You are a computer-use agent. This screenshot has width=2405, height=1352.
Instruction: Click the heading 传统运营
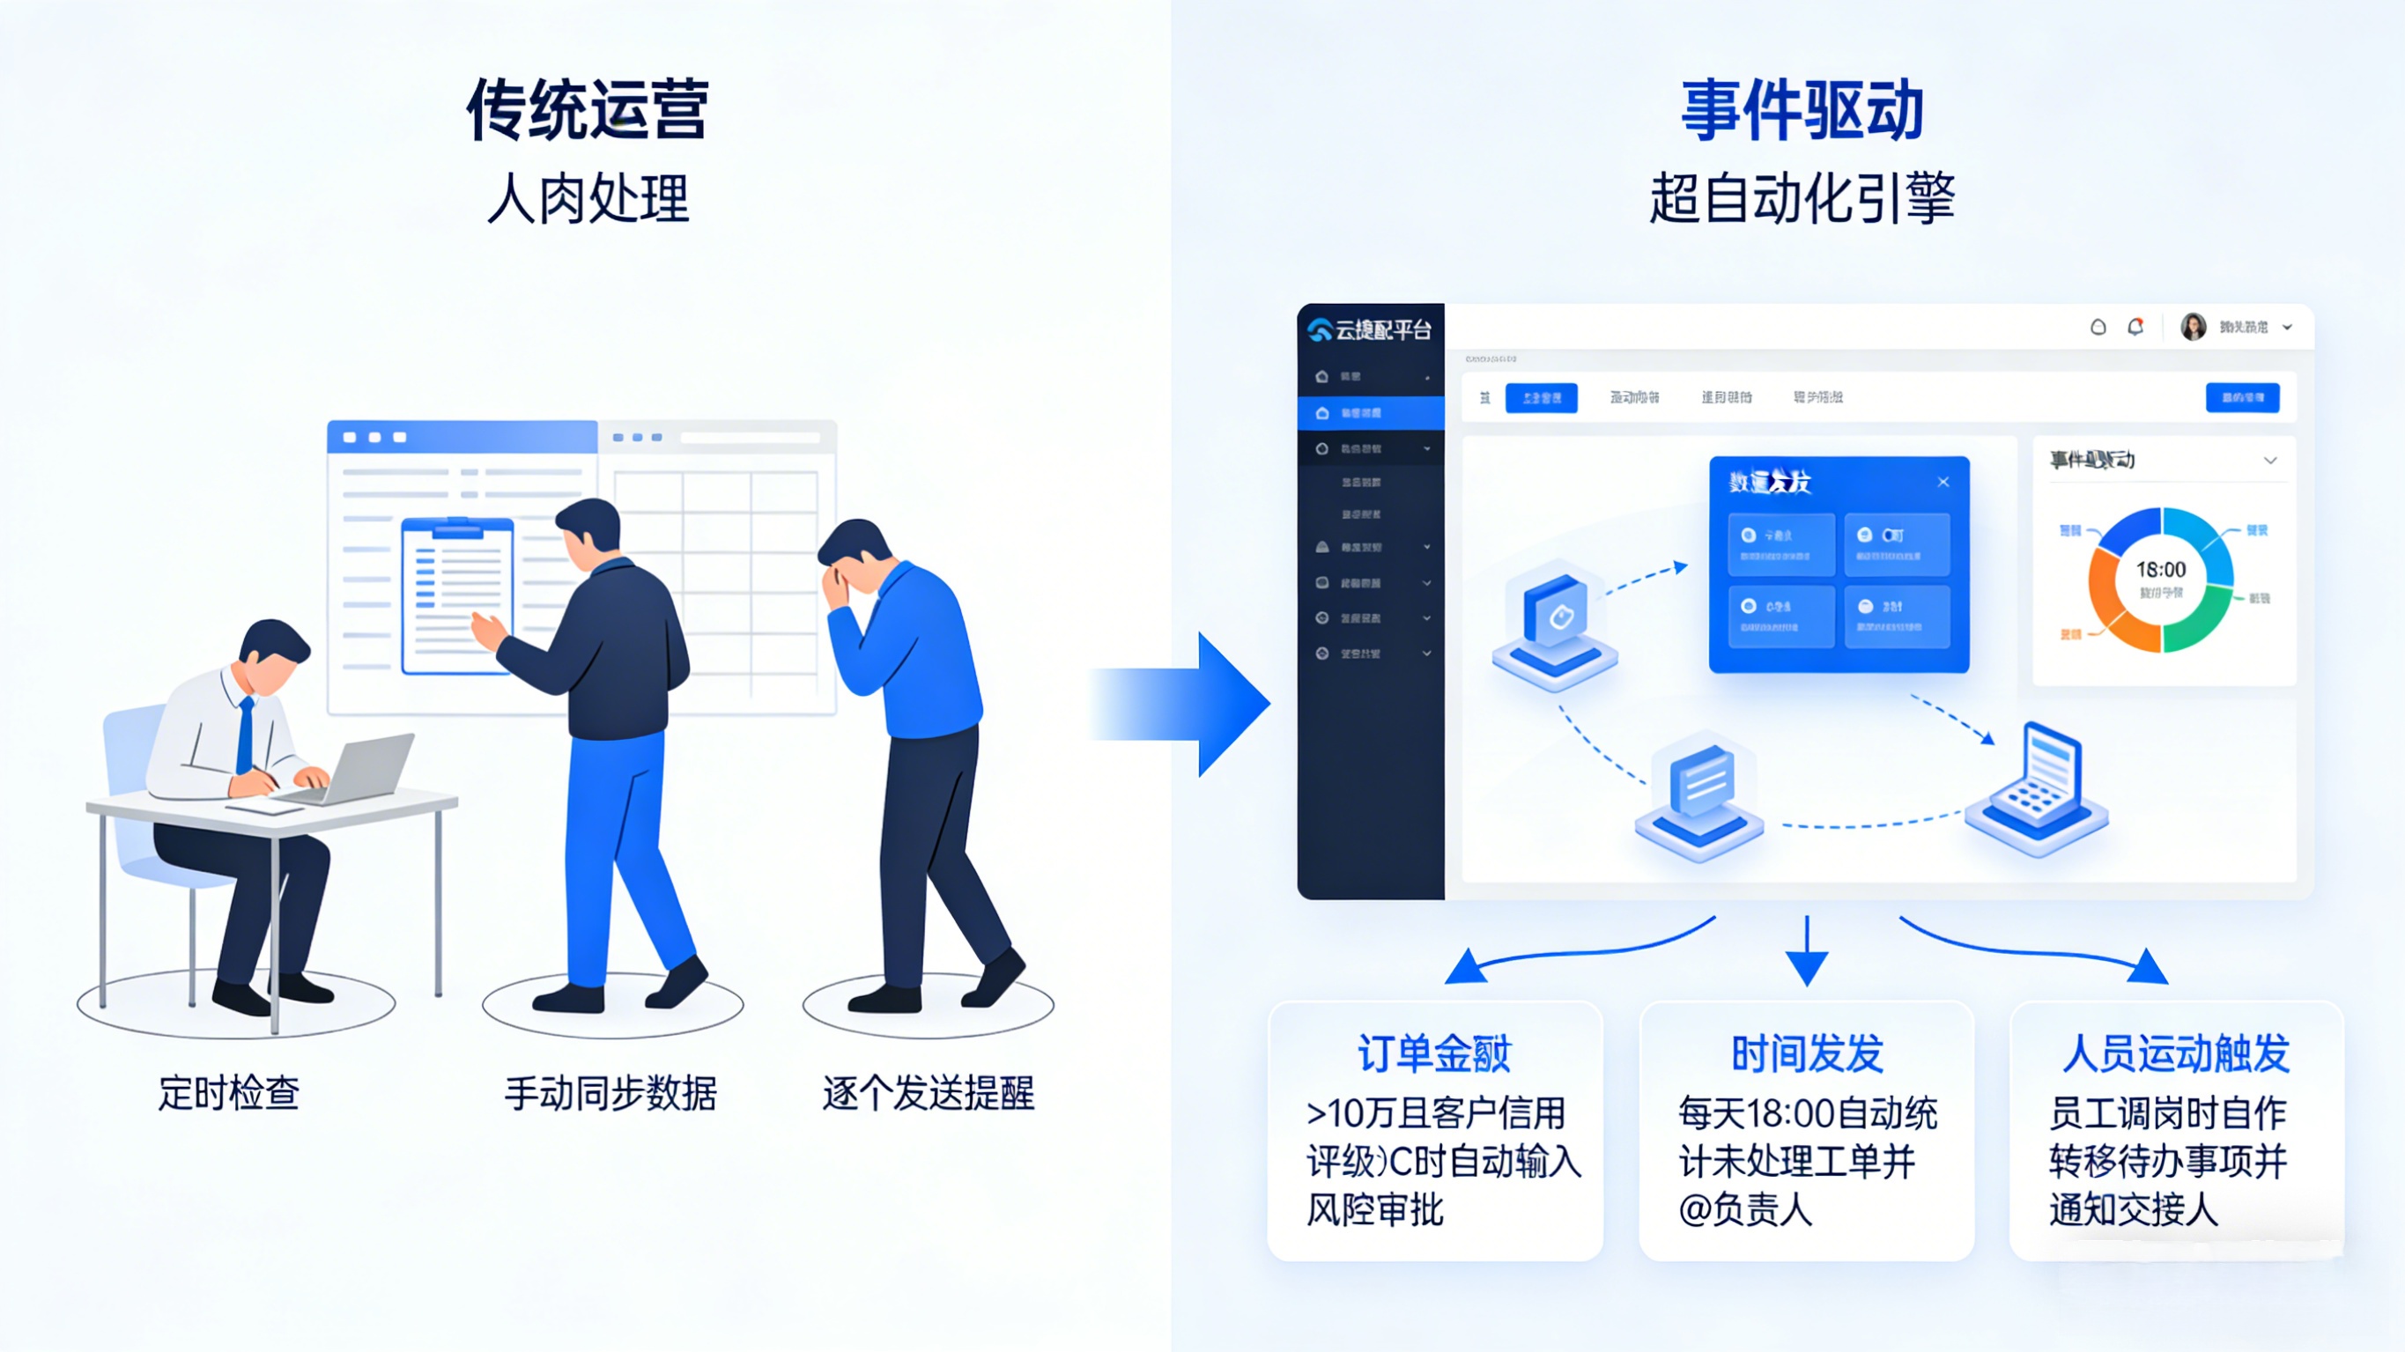588,110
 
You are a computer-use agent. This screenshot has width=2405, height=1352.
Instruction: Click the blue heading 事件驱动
1802,110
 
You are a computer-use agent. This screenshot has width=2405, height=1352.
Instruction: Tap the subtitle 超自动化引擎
1802,198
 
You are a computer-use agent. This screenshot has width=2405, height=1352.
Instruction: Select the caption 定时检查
229,1092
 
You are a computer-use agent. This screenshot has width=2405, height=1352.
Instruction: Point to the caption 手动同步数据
610,1092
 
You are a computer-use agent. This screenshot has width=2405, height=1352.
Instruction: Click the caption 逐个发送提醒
928,1092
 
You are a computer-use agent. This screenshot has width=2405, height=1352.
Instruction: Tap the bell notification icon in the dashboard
2135,327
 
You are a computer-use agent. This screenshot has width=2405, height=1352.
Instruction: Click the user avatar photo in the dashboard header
2193,327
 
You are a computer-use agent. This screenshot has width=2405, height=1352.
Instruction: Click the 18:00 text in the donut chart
2160,570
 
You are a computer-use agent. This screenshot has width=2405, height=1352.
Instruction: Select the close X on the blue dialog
1942,482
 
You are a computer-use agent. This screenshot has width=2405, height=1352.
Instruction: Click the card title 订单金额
1434,1053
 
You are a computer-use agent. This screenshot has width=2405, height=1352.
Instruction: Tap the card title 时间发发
1807,1053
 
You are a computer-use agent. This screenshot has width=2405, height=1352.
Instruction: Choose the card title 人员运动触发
2175,1053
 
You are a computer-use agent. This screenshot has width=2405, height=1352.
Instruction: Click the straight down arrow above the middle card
1807,952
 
